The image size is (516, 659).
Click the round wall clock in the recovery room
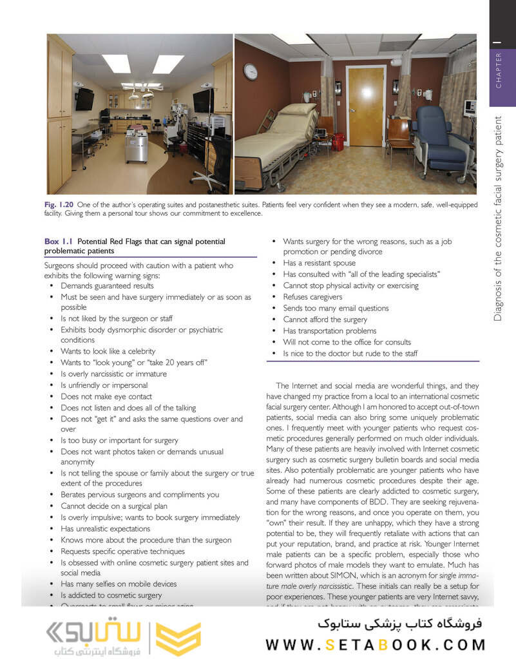point(250,71)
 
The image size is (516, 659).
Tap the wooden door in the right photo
point(365,106)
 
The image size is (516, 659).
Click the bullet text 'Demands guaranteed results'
point(107,286)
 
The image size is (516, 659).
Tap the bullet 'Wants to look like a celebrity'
point(108,352)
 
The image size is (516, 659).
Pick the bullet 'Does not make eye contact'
point(106,397)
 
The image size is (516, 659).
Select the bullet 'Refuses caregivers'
point(312,297)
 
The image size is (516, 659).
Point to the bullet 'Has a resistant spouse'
point(320,263)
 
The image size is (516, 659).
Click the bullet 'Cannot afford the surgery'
point(325,320)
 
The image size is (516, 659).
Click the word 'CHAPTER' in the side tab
point(499,71)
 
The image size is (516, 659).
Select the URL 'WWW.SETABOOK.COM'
point(376,644)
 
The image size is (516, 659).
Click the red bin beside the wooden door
point(338,142)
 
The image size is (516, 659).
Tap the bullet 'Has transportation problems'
point(330,331)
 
